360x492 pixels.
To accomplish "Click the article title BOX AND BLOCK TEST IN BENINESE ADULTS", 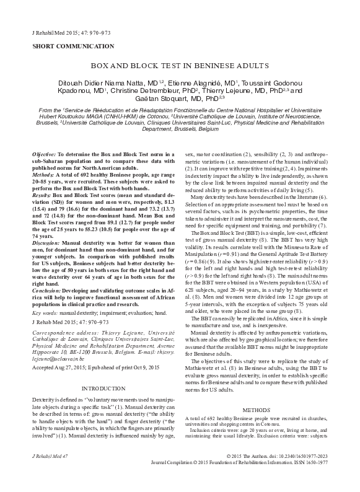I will click(x=180, y=64).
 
